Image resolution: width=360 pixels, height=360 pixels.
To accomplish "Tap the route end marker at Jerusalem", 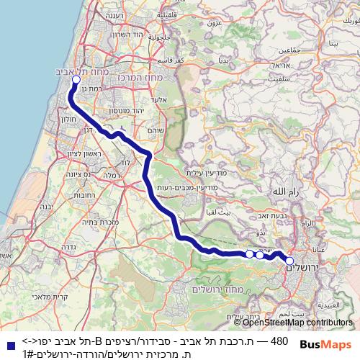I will pos(289,261).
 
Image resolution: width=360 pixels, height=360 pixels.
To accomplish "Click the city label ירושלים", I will pos(296,268).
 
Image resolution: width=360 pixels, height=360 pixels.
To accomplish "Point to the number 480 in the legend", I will pos(278,340).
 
